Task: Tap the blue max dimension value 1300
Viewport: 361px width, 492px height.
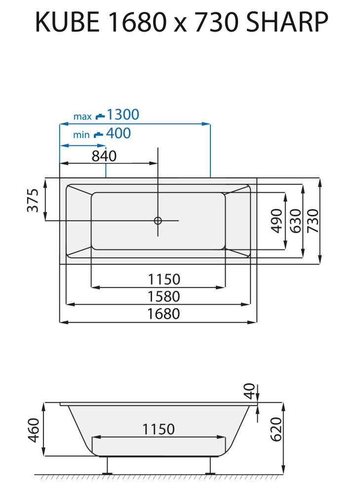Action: tap(123, 115)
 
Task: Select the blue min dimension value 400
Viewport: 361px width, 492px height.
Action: tap(119, 133)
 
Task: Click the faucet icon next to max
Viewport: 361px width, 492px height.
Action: tap(100, 117)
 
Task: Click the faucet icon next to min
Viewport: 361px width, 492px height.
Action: tap(98, 134)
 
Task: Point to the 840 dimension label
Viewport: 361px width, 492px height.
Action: tap(104, 156)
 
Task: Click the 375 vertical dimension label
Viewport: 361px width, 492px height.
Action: tap(33, 200)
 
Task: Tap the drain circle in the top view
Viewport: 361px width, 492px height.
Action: tap(158, 220)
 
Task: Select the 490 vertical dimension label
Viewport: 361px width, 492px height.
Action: tap(277, 221)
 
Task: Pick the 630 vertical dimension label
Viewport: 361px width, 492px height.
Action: tap(295, 221)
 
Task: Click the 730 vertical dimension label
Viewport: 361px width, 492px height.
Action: tap(313, 221)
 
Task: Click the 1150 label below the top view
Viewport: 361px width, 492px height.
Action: tap(164, 280)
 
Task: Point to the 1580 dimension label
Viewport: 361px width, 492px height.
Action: tap(164, 297)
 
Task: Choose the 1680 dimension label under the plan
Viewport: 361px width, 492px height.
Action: tap(164, 314)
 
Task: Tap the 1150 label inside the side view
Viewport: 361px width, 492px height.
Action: tap(159, 429)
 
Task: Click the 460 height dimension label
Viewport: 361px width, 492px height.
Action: tap(33, 430)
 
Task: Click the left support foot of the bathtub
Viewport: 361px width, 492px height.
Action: tap(106, 466)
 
